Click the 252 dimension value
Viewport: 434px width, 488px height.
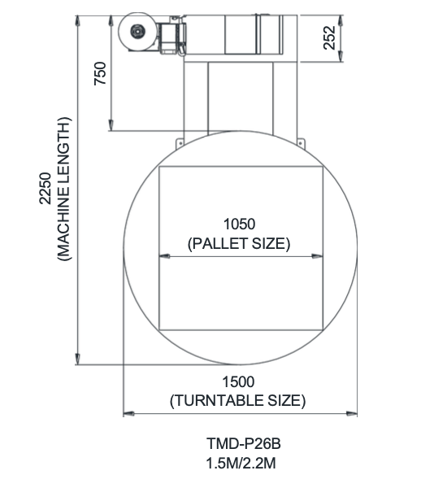[x=329, y=37]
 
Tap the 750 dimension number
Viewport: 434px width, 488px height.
[x=100, y=73]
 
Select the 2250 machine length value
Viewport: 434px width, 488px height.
[x=45, y=189]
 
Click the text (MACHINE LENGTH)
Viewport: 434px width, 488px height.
[x=64, y=189]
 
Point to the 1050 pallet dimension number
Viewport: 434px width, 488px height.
[x=240, y=224]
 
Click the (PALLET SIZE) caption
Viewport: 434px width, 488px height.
[x=239, y=243]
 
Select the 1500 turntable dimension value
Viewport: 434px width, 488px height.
[x=238, y=382]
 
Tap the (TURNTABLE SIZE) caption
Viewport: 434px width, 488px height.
[x=238, y=400]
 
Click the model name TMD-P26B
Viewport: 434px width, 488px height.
[x=244, y=443]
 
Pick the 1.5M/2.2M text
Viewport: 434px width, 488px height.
[x=241, y=464]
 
